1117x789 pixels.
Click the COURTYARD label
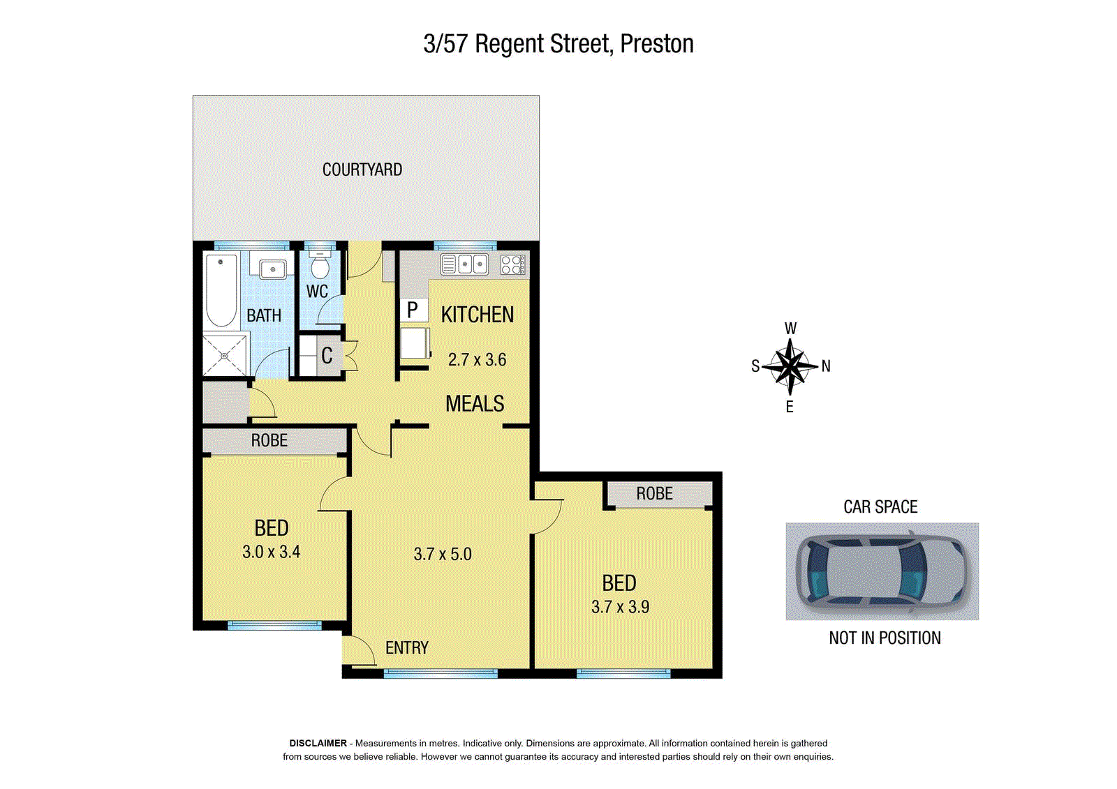click(362, 170)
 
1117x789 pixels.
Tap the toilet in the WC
click(320, 264)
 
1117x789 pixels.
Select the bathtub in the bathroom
click(221, 291)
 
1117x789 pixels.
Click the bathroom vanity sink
click(272, 270)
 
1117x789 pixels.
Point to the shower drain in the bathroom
click(224, 356)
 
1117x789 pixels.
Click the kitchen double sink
click(464, 264)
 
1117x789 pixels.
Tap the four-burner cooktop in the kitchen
click(512, 264)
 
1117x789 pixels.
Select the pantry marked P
click(413, 310)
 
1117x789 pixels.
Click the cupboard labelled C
click(327, 355)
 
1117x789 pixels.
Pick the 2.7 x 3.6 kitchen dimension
click(477, 359)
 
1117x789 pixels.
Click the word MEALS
click(474, 403)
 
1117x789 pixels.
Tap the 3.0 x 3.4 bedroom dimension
click(271, 552)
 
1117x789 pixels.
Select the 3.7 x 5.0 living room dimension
click(443, 554)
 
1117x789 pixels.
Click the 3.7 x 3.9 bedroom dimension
click(620, 607)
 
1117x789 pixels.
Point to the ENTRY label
click(407, 647)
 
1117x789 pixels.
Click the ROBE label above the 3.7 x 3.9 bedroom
click(654, 493)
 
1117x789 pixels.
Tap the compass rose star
click(790, 366)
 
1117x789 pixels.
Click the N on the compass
click(826, 366)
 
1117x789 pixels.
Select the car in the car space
click(880, 571)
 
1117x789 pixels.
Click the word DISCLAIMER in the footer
click(318, 743)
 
